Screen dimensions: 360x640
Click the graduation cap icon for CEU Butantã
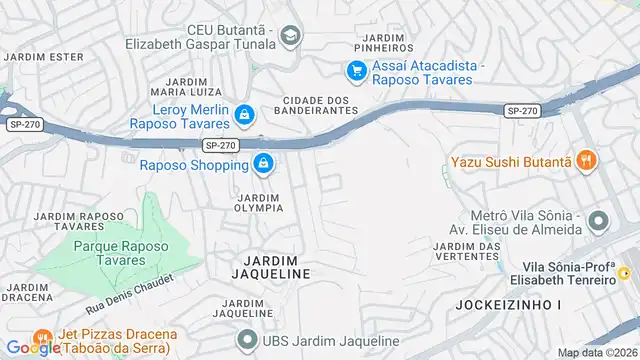[290, 36]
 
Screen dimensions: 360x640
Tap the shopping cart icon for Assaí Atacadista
[355, 70]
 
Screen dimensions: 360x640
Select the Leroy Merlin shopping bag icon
[244, 117]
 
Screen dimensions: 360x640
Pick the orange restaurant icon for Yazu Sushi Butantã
[587, 159]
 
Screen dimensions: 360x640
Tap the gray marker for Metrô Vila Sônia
[598, 220]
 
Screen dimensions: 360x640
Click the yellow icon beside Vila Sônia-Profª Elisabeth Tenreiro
[624, 273]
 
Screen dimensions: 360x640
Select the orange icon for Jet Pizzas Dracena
[42, 337]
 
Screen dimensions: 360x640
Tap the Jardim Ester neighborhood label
[43, 56]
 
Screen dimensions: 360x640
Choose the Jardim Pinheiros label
[385, 42]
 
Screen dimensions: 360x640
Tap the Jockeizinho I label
[496, 303]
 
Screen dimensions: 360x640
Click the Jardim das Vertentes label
[467, 252]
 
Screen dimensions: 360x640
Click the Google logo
[33, 347]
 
